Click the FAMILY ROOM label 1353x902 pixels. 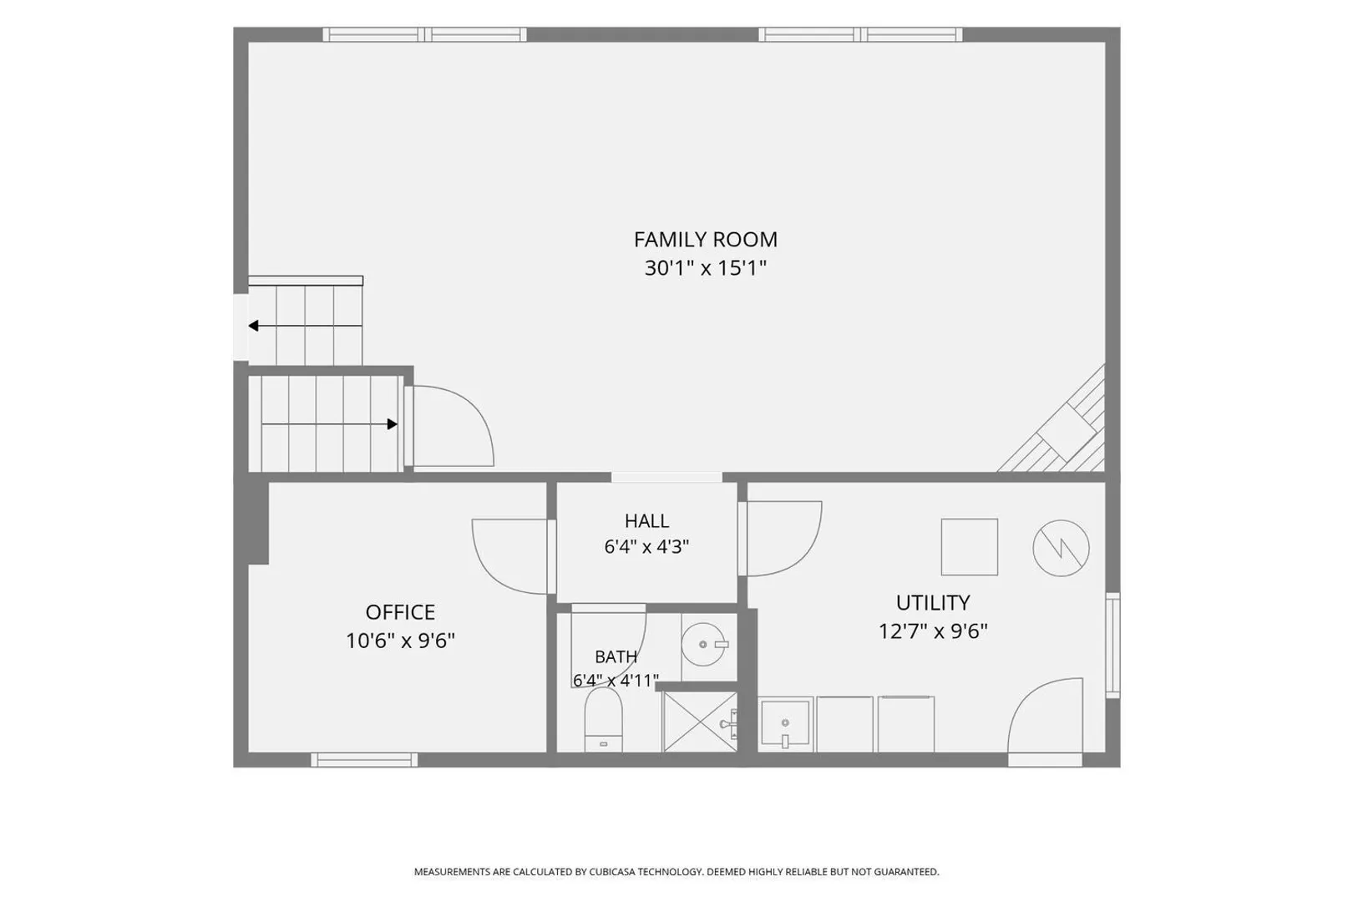(706, 240)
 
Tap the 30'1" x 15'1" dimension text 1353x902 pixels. (706, 267)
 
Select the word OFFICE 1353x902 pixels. (400, 613)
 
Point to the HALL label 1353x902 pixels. (646, 521)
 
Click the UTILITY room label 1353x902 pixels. (933, 603)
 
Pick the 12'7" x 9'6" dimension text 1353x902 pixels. (933, 631)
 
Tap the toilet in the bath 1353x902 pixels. (603, 720)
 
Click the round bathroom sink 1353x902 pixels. (704, 645)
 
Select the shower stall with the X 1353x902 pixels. (700, 722)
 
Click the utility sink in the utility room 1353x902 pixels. (784, 723)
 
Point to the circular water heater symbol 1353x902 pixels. (1061, 548)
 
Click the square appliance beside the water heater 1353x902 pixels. (970, 547)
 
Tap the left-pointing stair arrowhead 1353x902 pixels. (254, 327)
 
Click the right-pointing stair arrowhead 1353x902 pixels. (393, 424)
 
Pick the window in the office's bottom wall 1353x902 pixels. (364, 760)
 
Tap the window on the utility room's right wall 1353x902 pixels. (1112, 646)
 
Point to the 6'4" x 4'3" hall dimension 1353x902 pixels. (646, 547)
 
